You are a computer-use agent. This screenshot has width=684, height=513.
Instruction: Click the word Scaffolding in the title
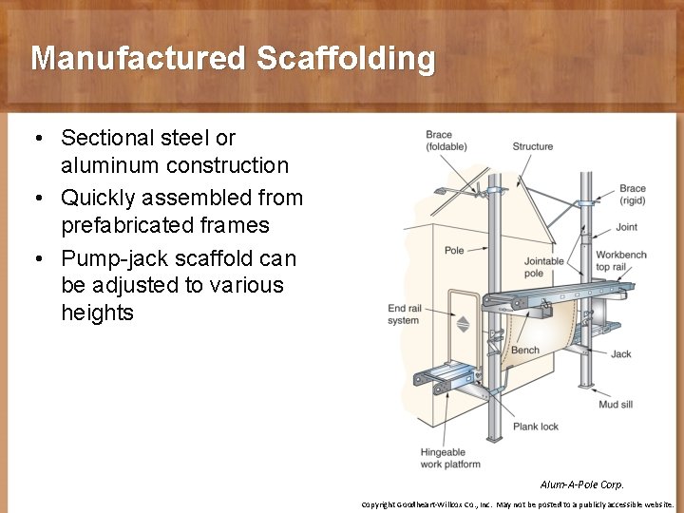point(345,59)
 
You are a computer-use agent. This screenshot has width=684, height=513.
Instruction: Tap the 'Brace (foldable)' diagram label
point(445,141)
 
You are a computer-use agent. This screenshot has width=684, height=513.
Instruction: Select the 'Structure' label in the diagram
point(532,146)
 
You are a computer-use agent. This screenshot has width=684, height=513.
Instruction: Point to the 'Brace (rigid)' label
point(632,194)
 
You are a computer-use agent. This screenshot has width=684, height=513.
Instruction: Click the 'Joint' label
point(626,227)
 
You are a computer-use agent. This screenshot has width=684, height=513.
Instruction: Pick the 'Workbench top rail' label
point(620,261)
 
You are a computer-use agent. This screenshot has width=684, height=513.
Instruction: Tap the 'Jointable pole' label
point(543,267)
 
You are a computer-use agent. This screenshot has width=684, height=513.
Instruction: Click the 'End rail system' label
point(403,313)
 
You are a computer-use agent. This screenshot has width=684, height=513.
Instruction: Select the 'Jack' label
point(620,354)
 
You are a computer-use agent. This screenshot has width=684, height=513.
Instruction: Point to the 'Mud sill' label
point(616,405)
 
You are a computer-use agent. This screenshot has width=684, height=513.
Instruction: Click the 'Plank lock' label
point(536,427)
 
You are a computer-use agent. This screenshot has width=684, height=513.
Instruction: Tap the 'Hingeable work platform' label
point(450,459)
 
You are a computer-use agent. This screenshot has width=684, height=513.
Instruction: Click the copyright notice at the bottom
point(517,504)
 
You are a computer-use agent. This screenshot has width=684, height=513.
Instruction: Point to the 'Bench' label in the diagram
point(525,351)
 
